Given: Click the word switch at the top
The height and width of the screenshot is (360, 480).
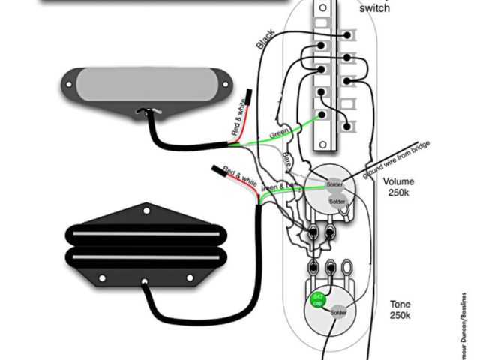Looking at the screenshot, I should coord(374,8).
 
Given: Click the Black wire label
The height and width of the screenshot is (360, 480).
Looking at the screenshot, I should coord(265,40).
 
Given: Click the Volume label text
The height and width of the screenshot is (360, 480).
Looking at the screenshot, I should coord(398,181).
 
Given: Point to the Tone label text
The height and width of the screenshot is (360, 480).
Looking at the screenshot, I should coord(399,304).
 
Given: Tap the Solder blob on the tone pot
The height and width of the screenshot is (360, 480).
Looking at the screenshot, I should coord(339,311).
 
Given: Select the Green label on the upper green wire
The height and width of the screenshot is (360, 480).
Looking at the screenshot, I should coord(279,133).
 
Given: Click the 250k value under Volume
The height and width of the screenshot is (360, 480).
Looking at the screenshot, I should coord(398,193).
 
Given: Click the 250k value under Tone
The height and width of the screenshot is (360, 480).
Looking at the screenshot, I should coord(399,316).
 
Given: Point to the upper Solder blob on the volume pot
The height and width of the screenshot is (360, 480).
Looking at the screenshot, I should coord(334,184).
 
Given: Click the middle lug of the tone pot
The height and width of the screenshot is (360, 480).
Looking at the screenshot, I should coord(331,266).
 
